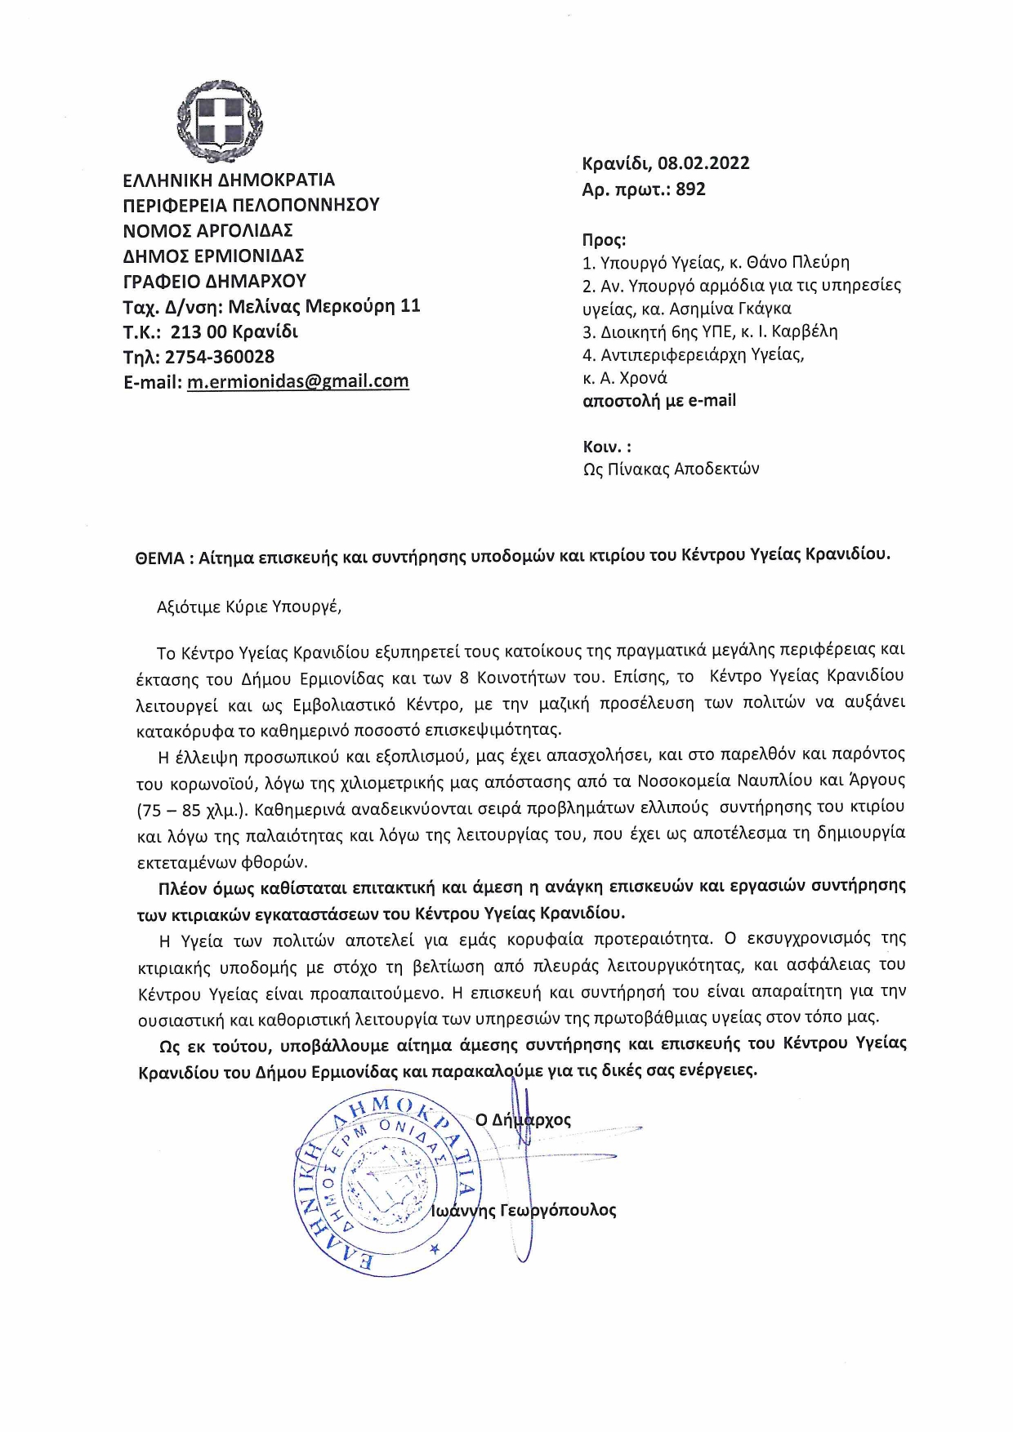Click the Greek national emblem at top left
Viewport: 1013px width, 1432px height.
pos(221,121)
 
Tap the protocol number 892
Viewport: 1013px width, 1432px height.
pos(690,189)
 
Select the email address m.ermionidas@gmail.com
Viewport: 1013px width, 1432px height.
pos(298,381)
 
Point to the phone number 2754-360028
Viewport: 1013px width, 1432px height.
pos(220,357)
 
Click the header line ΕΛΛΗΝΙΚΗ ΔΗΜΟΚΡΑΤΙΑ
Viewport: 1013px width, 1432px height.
pos(229,180)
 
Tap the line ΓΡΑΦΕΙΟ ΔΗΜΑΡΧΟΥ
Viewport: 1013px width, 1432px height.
pos(215,281)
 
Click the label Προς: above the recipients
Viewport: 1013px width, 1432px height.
pos(604,240)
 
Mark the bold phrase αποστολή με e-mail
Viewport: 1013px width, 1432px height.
pos(659,401)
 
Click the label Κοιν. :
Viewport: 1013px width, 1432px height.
pos(606,447)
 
